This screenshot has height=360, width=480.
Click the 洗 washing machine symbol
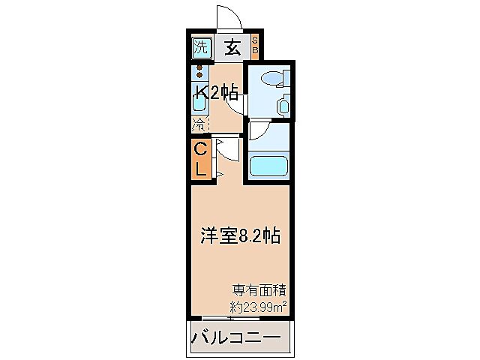pyautogui.click(x=199, y=47)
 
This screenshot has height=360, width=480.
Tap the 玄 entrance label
pyautogui.click(x=232, y=47)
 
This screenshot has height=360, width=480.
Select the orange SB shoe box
pyautogui.click(x=254, y=47)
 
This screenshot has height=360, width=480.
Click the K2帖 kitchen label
pyautogui.click(x=217, y=93)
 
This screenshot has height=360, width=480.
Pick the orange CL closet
pyautogui.click(x=200, y=159)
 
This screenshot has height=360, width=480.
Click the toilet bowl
pyautogui.click(x=270, y=78)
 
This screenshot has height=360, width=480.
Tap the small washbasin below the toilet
pyautogui.click(x=283, y=106)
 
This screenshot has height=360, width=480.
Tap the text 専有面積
pyautogui.click(x=260, y=289)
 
